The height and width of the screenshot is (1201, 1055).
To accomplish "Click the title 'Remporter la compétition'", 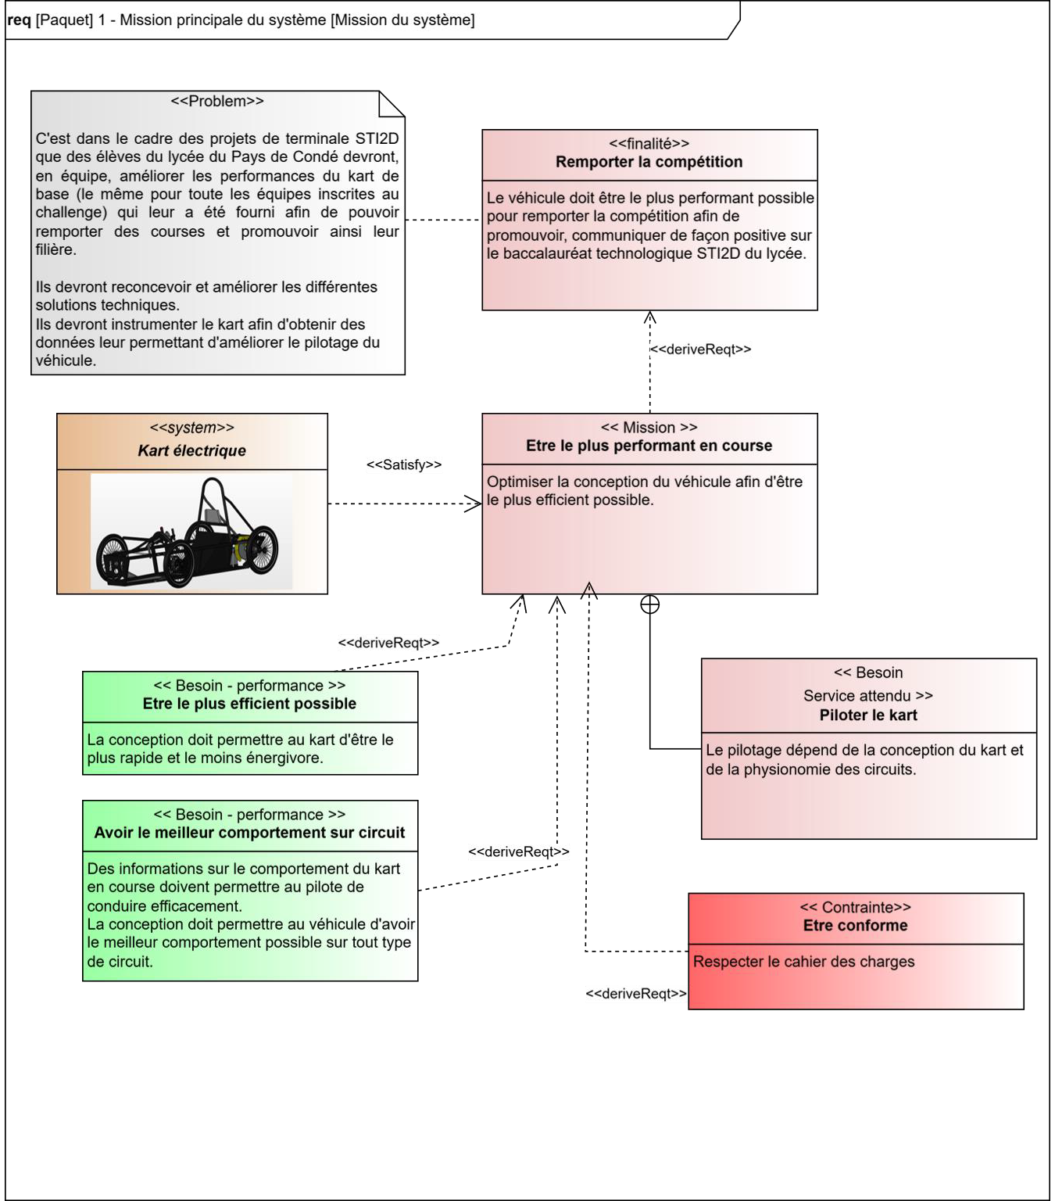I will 649,162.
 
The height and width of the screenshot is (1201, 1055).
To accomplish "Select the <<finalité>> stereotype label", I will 649,144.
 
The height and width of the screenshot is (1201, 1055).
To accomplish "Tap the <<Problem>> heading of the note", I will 217,101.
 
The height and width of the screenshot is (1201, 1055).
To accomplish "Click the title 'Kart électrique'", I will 191,450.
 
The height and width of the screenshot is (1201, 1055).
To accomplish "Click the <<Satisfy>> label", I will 404,464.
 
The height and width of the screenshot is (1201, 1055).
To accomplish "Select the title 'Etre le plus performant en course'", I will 649,446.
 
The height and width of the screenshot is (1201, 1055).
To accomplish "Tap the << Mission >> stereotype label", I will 649,428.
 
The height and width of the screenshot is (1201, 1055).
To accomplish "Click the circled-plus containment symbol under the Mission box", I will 650,604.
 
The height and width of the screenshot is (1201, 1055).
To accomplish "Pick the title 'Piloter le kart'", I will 868,715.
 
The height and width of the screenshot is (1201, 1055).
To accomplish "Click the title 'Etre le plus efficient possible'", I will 249,704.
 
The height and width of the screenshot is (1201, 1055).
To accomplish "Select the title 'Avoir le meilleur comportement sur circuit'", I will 249,833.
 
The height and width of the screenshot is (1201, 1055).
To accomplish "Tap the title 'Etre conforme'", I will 855,926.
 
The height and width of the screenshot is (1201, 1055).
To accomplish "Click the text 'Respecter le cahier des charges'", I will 803,962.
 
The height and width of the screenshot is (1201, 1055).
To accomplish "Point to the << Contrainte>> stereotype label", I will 855,908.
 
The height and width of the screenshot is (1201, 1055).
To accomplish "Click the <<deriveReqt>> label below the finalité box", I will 701,350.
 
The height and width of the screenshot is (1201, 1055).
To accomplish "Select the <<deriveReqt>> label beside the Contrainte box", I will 636,994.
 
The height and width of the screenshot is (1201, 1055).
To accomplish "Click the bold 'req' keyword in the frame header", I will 19,20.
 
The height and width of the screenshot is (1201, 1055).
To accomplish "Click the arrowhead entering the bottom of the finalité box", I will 650,317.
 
